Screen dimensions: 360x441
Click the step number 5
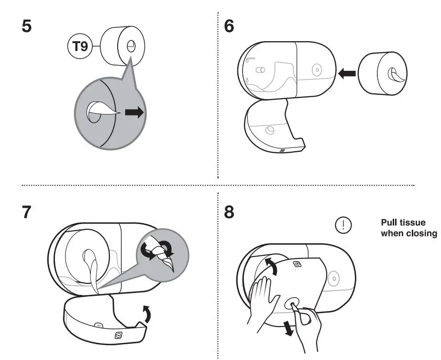[x=27, y=26]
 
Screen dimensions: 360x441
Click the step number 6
[x=229, y=26]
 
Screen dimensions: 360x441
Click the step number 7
[x=27, y=212]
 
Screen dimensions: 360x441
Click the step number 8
[x=229, y=212]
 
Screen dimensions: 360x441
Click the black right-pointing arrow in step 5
[x=134, y=113]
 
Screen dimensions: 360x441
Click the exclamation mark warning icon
[x=343, y=225]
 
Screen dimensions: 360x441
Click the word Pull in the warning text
[x=389, y=223]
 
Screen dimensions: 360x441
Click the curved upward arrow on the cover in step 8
[x=270, y=266]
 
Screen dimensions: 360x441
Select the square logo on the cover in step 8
[x=297, y=264]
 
